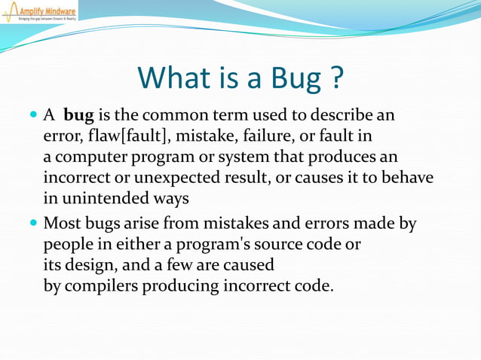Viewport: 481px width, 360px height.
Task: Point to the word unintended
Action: pyautogui.click(x=100, y=199)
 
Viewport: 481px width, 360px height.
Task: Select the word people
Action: pyautogui.click(x=68, y=246)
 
